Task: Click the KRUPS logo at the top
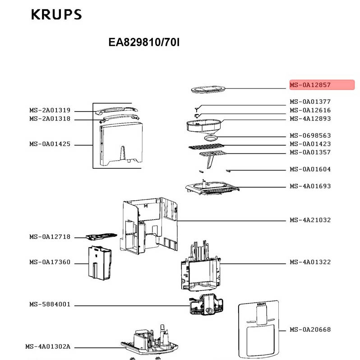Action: click(56, 14)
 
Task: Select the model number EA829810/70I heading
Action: click(144, 42)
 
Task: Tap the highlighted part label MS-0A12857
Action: click(322, 85)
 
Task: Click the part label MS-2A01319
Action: click(50, 111)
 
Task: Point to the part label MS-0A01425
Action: click(50, 144)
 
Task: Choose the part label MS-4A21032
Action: click(310, 220)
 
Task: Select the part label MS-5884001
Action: click(50, 305)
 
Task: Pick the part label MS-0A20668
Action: click(310, 330)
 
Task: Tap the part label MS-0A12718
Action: click(50, 237)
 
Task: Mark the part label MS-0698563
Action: click(310, 136)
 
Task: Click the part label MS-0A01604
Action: click(310, 170)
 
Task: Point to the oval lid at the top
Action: click(208, 89)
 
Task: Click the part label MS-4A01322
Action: click(310, 262)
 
